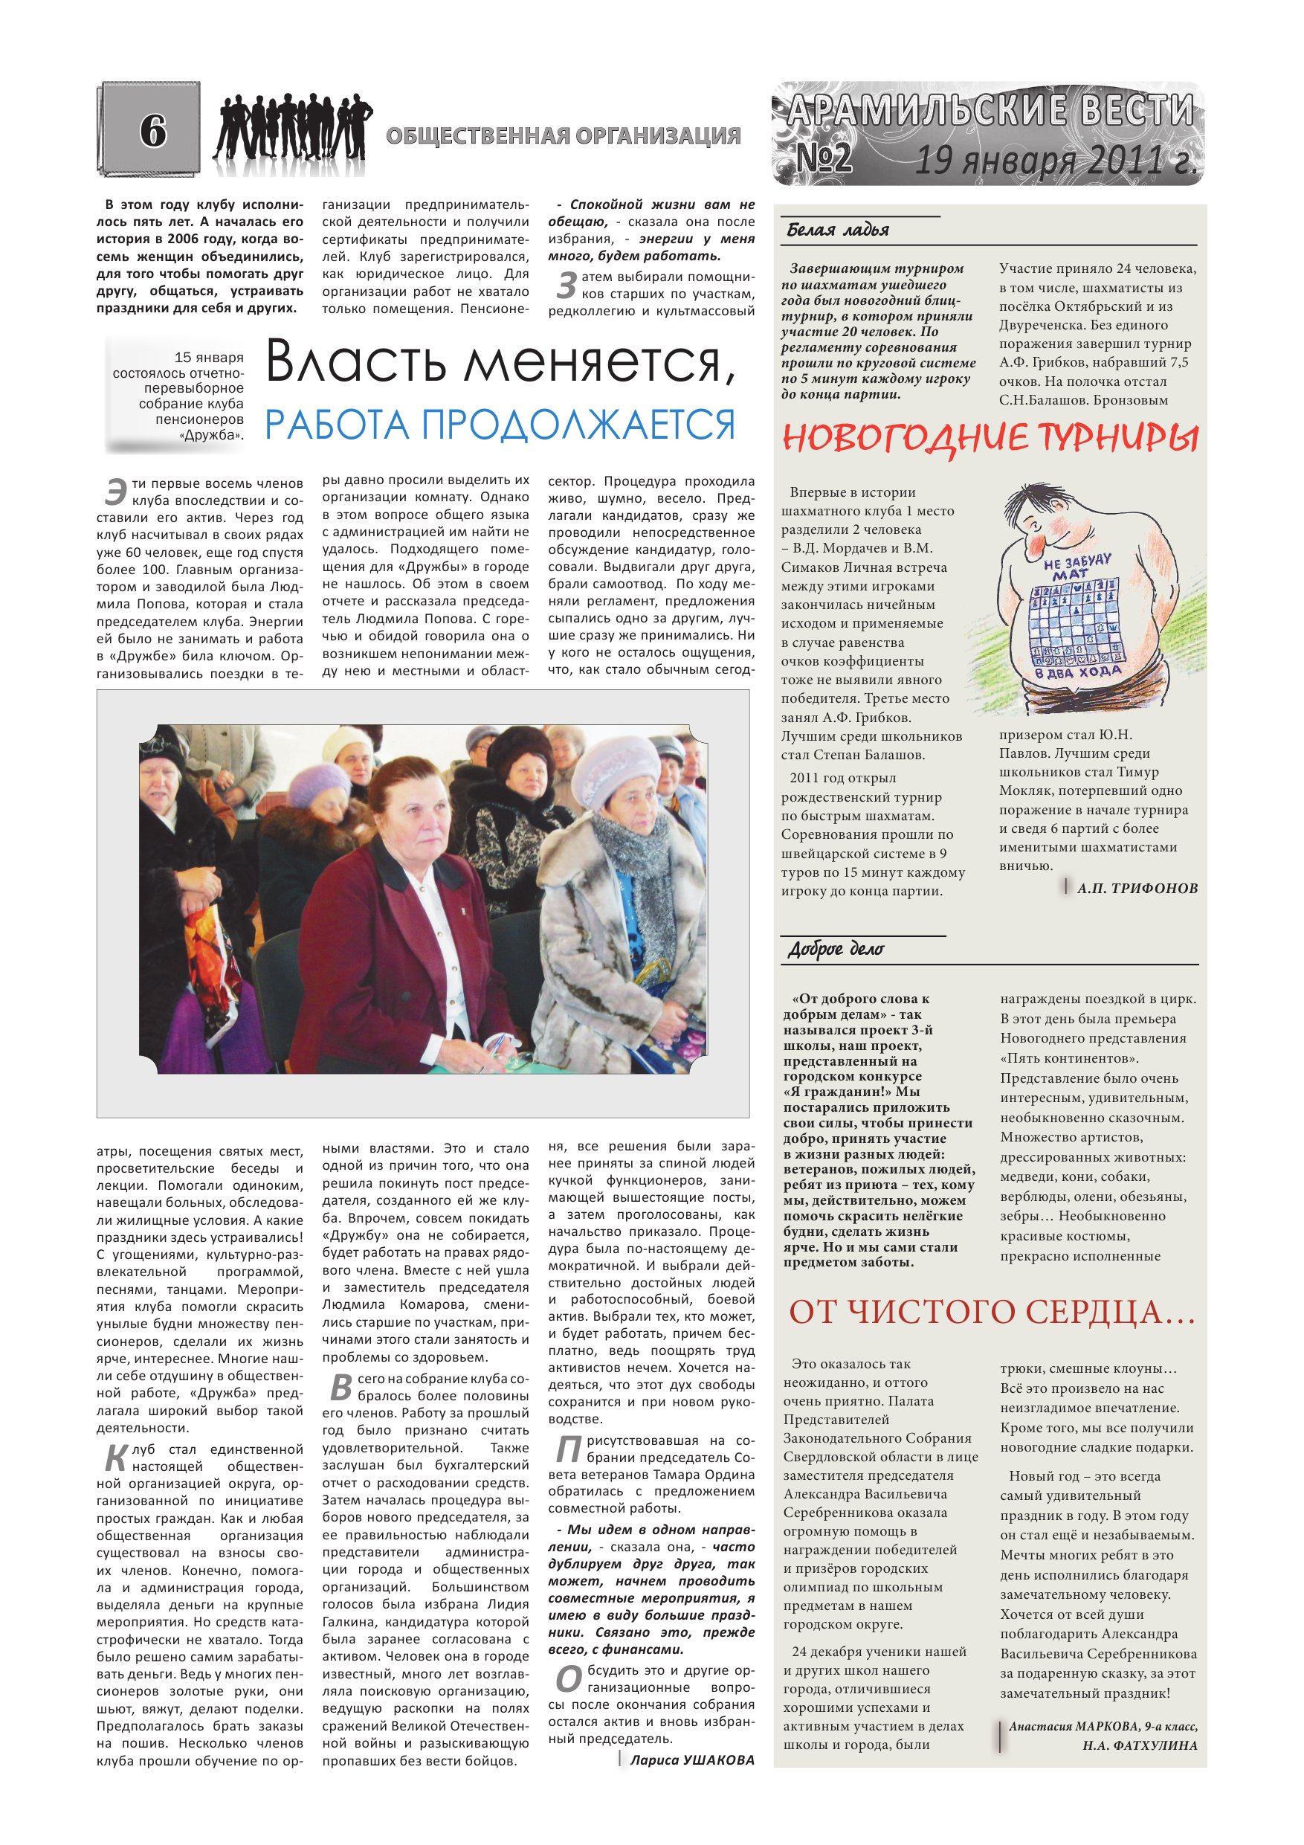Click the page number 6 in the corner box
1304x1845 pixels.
(152, 131)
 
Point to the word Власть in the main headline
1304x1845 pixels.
(367, 362)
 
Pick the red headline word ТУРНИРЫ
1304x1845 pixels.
(1117, 439)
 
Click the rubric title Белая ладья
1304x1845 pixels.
(837, 231)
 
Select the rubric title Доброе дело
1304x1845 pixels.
(836, 950)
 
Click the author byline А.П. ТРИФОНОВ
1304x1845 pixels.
(1137, 889)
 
